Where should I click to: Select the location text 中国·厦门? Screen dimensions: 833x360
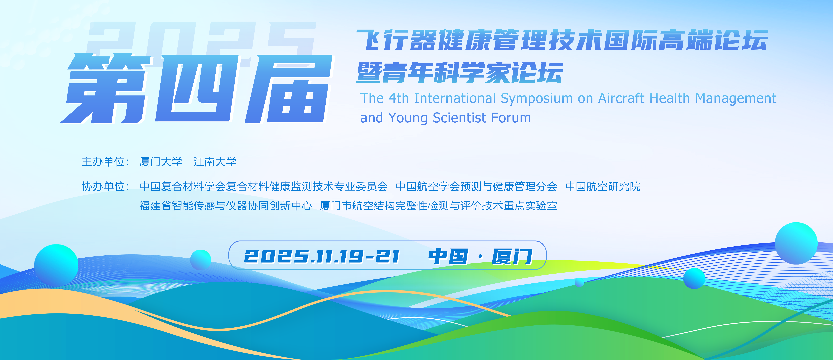point(480,257)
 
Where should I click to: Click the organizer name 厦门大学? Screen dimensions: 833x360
point(161,162)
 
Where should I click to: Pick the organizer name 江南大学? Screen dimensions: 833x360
point(215,162)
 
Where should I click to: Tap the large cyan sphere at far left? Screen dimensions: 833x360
point(56,265)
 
